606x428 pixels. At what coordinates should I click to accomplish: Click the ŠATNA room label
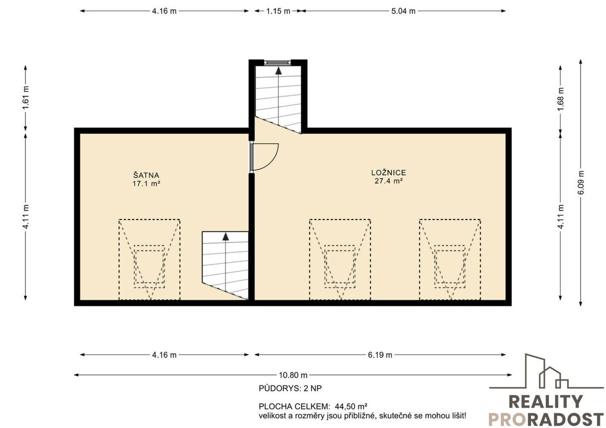146,175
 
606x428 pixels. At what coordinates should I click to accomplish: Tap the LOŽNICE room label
388,173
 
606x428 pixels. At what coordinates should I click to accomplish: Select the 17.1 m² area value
146,184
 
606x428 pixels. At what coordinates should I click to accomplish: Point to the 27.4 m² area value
388,181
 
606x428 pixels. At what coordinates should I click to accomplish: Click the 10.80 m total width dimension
293,375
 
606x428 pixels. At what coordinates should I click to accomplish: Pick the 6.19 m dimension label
380,355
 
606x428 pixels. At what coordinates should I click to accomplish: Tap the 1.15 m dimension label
278,11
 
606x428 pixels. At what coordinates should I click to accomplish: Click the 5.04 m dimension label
403,11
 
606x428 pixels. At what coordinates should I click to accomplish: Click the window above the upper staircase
278,63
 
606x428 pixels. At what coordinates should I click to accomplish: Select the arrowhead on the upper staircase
278,71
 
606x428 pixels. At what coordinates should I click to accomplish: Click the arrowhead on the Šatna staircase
226,237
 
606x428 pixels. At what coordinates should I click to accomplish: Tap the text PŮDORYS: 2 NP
290,389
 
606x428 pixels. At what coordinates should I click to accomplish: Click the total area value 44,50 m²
351,406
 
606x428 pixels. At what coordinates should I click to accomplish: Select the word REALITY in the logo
546,402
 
